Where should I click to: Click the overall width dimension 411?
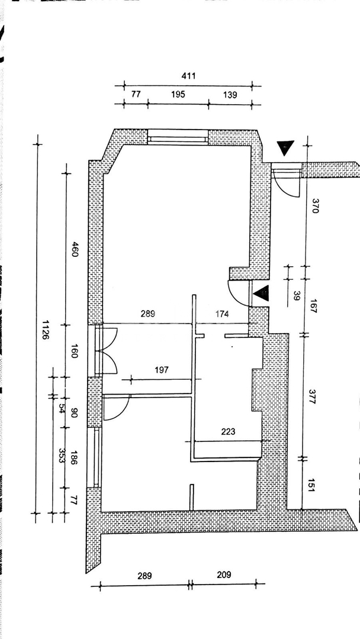click(188, 76)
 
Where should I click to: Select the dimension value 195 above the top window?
click(178, 95)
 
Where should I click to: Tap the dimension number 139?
click(230, 95)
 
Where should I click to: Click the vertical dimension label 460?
click(75, 249)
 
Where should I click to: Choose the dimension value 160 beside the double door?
click(74, 350)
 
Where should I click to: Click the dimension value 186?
click(74, 457)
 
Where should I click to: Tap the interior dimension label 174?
click(222, 314)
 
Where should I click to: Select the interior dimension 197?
click(162, 370)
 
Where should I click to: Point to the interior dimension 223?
click(228, 431)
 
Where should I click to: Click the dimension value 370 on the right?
click(315, 206)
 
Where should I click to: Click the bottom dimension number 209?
click(224, 575)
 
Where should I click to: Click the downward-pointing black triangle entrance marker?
click(285, 147)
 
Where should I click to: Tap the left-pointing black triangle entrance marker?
click(261, 293)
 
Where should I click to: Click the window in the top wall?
click(178, 137)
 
